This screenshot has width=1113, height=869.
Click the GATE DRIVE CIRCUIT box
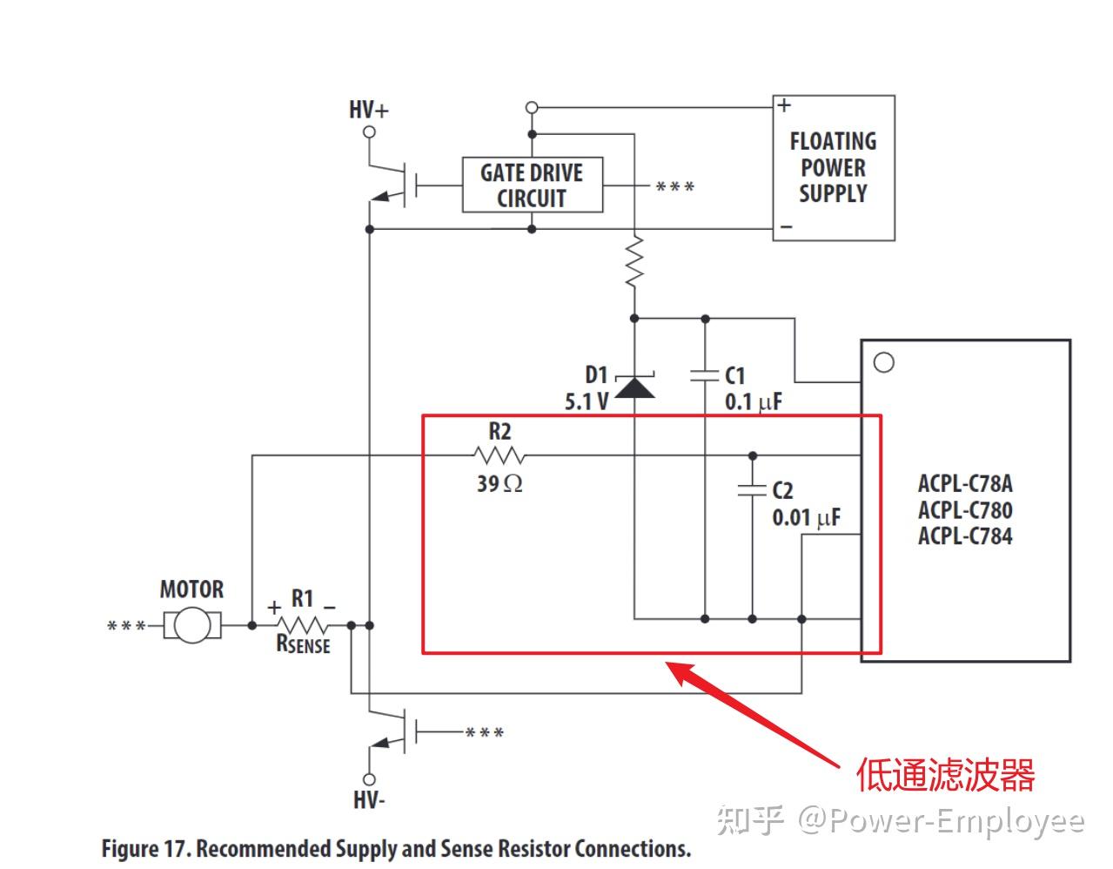tap(532, 185)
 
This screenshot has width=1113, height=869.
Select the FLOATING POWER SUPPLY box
tap(833, 168)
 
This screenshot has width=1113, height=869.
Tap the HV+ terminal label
tap(369, 110)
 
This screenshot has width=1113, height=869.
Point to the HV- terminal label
tap(369, 799)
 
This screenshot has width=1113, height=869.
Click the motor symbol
tap(192, 625)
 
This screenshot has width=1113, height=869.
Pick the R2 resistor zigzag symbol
tap(500, 455)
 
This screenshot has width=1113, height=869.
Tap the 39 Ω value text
tap(500, 483)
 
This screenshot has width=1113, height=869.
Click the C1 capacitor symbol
tap(705, 375)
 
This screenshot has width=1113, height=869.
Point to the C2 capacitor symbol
tap(752, 489)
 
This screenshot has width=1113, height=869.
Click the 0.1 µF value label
tap(754, 402)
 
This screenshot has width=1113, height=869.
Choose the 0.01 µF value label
tap(806, 518)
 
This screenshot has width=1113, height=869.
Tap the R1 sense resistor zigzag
tap(302, 625)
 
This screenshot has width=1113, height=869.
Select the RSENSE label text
tap(303, 645)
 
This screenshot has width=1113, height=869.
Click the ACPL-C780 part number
tap(965, 510)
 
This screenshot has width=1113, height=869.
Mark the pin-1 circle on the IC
tap(884, 362)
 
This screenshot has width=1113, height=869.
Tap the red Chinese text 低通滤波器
tap(945, 774)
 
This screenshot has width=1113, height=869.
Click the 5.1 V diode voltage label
tap(587, 402)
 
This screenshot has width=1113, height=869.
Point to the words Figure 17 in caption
tap(144, 849)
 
